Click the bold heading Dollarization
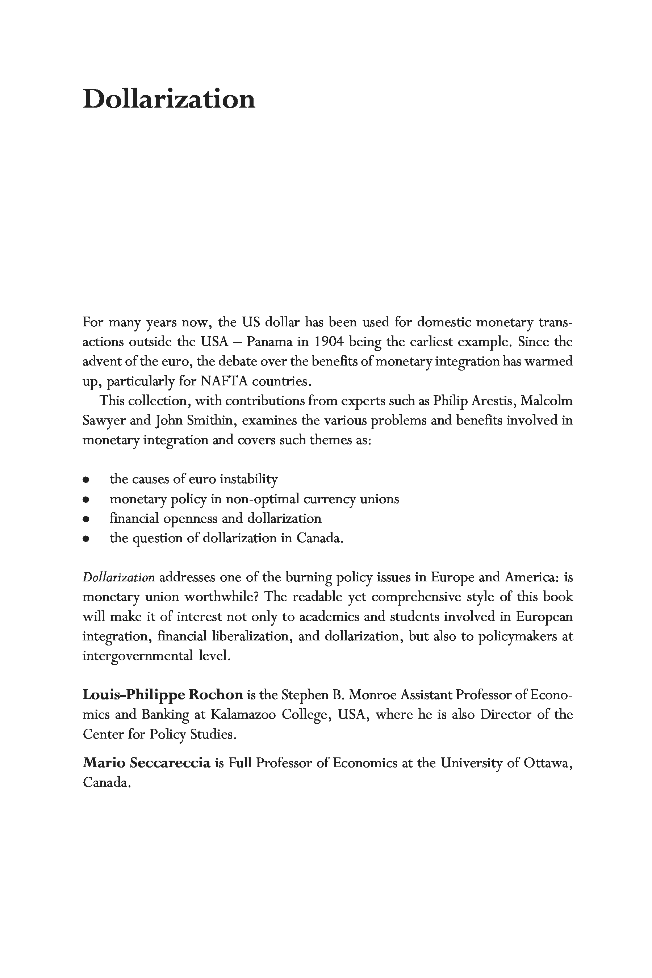(169, 100)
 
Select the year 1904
(329, 342)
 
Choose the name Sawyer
(104, 421)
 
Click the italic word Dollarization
(118, 578)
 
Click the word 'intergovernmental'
(138, 656)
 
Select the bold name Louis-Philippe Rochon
(163, 695)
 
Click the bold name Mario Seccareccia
(147, 763)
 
